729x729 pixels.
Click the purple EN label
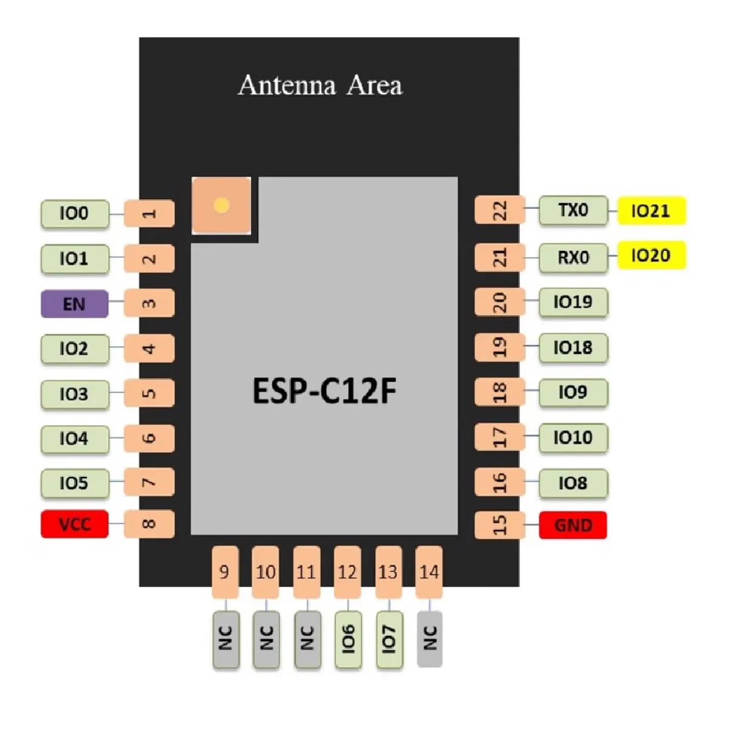(x=74, y=304)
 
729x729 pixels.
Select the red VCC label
(x=74, y=524)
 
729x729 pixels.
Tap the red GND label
(x=573, y=525)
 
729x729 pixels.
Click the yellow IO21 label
(x=651, y=211)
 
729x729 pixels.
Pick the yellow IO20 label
(x=651, y=256)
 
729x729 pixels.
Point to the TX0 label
(x=573, y=211)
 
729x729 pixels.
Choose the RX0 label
(x=573, y=257)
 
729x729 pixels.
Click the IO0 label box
(x=74, y=214)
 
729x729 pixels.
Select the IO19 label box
(x=573, y=302)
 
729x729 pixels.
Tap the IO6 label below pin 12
(x=348, y=639)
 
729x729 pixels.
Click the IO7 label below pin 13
(x=389, y=639)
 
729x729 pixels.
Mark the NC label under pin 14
(x=430, y=639)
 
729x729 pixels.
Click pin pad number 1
(x=149, y=214)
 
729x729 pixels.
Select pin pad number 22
(x=499, y=211)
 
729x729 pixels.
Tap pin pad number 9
(x=225, y=572)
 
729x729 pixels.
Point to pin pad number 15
(x=499, y=525)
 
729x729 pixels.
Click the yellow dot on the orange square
(x=222, y=205)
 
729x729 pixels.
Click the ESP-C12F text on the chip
(x=324, y=391)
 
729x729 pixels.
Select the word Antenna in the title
(x=287, y=85)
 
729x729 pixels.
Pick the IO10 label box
(x=573, y=437)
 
